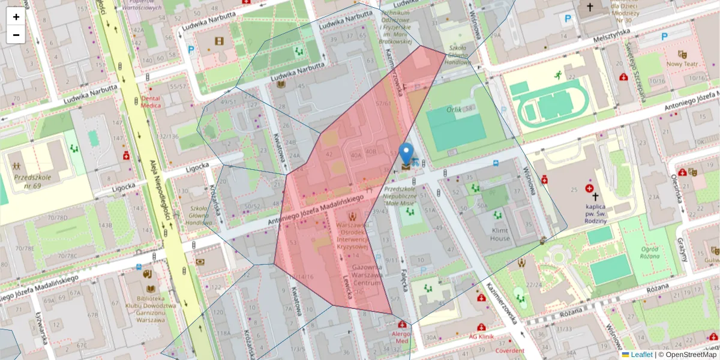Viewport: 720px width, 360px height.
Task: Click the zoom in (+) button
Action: coord(16,17)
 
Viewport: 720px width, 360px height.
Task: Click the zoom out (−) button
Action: coord(16,35)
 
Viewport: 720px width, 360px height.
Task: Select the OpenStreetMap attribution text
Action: coord(687,355)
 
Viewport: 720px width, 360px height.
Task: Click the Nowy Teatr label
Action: coord(682,63)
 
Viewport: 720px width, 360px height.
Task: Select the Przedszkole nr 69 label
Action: coord(34,181)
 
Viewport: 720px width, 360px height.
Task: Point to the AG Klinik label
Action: coord(481,337)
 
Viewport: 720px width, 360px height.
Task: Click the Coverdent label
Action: coord(509,350)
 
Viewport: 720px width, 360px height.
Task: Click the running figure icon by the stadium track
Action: coord(559,75)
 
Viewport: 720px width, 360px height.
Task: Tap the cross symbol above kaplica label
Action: coord(595,196)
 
